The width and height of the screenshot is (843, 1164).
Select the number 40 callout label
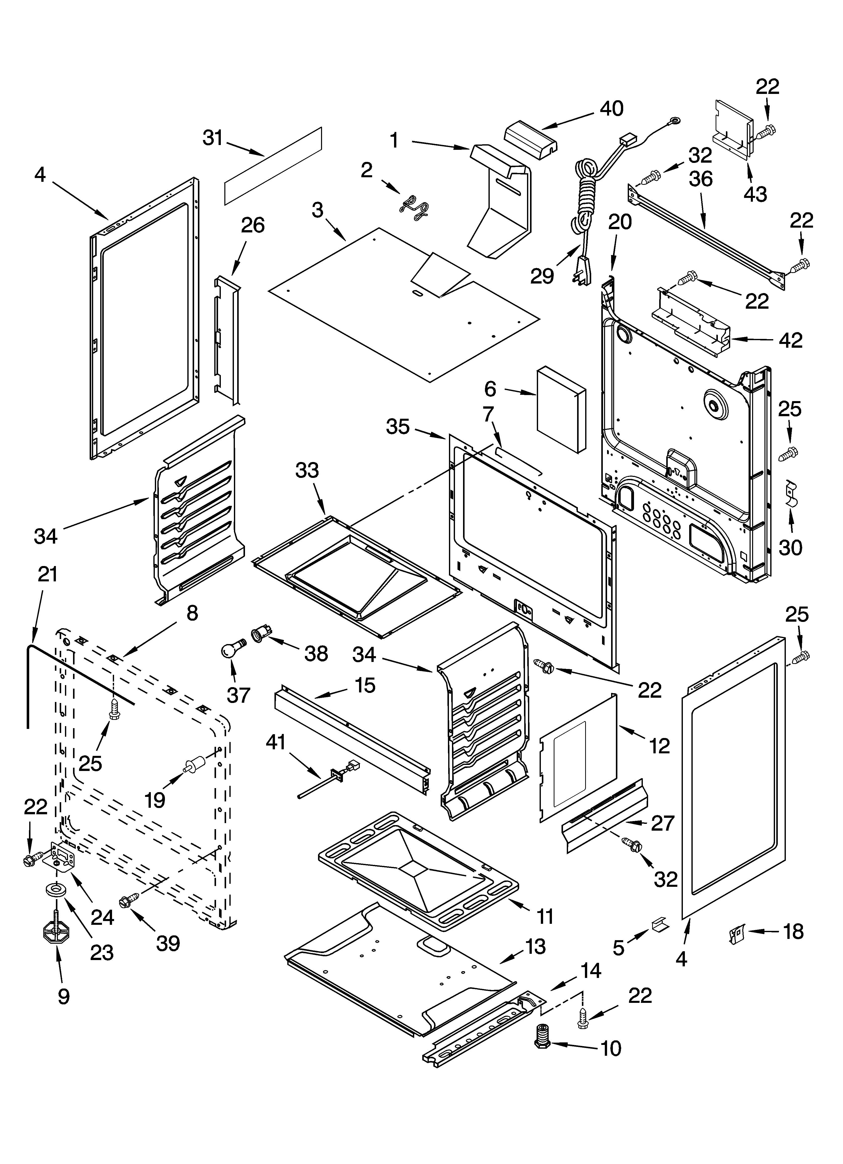pos(611,108)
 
